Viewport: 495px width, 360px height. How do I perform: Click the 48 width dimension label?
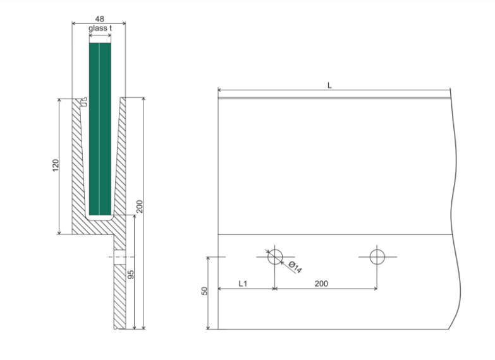click(99, 19)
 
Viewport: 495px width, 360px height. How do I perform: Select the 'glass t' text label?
click(100, 28)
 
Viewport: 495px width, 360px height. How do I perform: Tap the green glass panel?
click(100, 129)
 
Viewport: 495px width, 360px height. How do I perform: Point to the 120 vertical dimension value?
click(56, 165)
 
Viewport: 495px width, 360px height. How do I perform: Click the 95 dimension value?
click(131, 275)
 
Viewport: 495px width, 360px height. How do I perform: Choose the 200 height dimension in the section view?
click(140, 207)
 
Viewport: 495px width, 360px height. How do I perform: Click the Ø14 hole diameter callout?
click(295, 267)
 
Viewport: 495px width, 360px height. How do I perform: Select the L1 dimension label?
click(243, 284)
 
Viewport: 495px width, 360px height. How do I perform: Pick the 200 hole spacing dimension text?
click(321, 284)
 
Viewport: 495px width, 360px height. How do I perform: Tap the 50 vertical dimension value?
click(204, 291)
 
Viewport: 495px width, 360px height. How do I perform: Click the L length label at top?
click(329, 85)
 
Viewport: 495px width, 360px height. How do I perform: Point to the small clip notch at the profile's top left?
click(83, 102)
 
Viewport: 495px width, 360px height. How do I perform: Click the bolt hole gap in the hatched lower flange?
click(119, 257)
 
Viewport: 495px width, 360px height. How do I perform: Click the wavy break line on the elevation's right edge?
click(455, 208)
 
